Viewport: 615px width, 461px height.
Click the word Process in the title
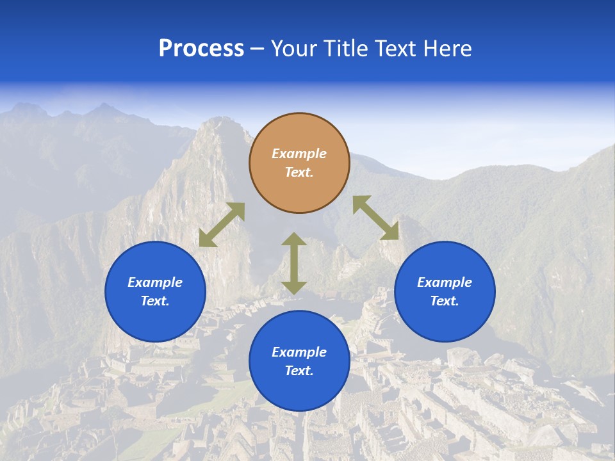(201, 49)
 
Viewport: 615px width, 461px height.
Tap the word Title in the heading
(345, 49)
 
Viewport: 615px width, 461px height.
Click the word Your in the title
(294, 49)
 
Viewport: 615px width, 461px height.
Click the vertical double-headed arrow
(294, 263)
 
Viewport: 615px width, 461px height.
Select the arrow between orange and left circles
(222, 224)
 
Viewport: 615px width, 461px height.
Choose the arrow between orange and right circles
(375, 218)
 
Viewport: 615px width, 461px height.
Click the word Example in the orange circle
(299, 154)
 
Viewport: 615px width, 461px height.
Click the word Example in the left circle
(155, 282)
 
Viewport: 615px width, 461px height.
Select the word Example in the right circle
(445, 282)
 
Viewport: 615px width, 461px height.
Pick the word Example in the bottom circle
(299, 352)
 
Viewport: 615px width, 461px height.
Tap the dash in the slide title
(258, 49)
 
